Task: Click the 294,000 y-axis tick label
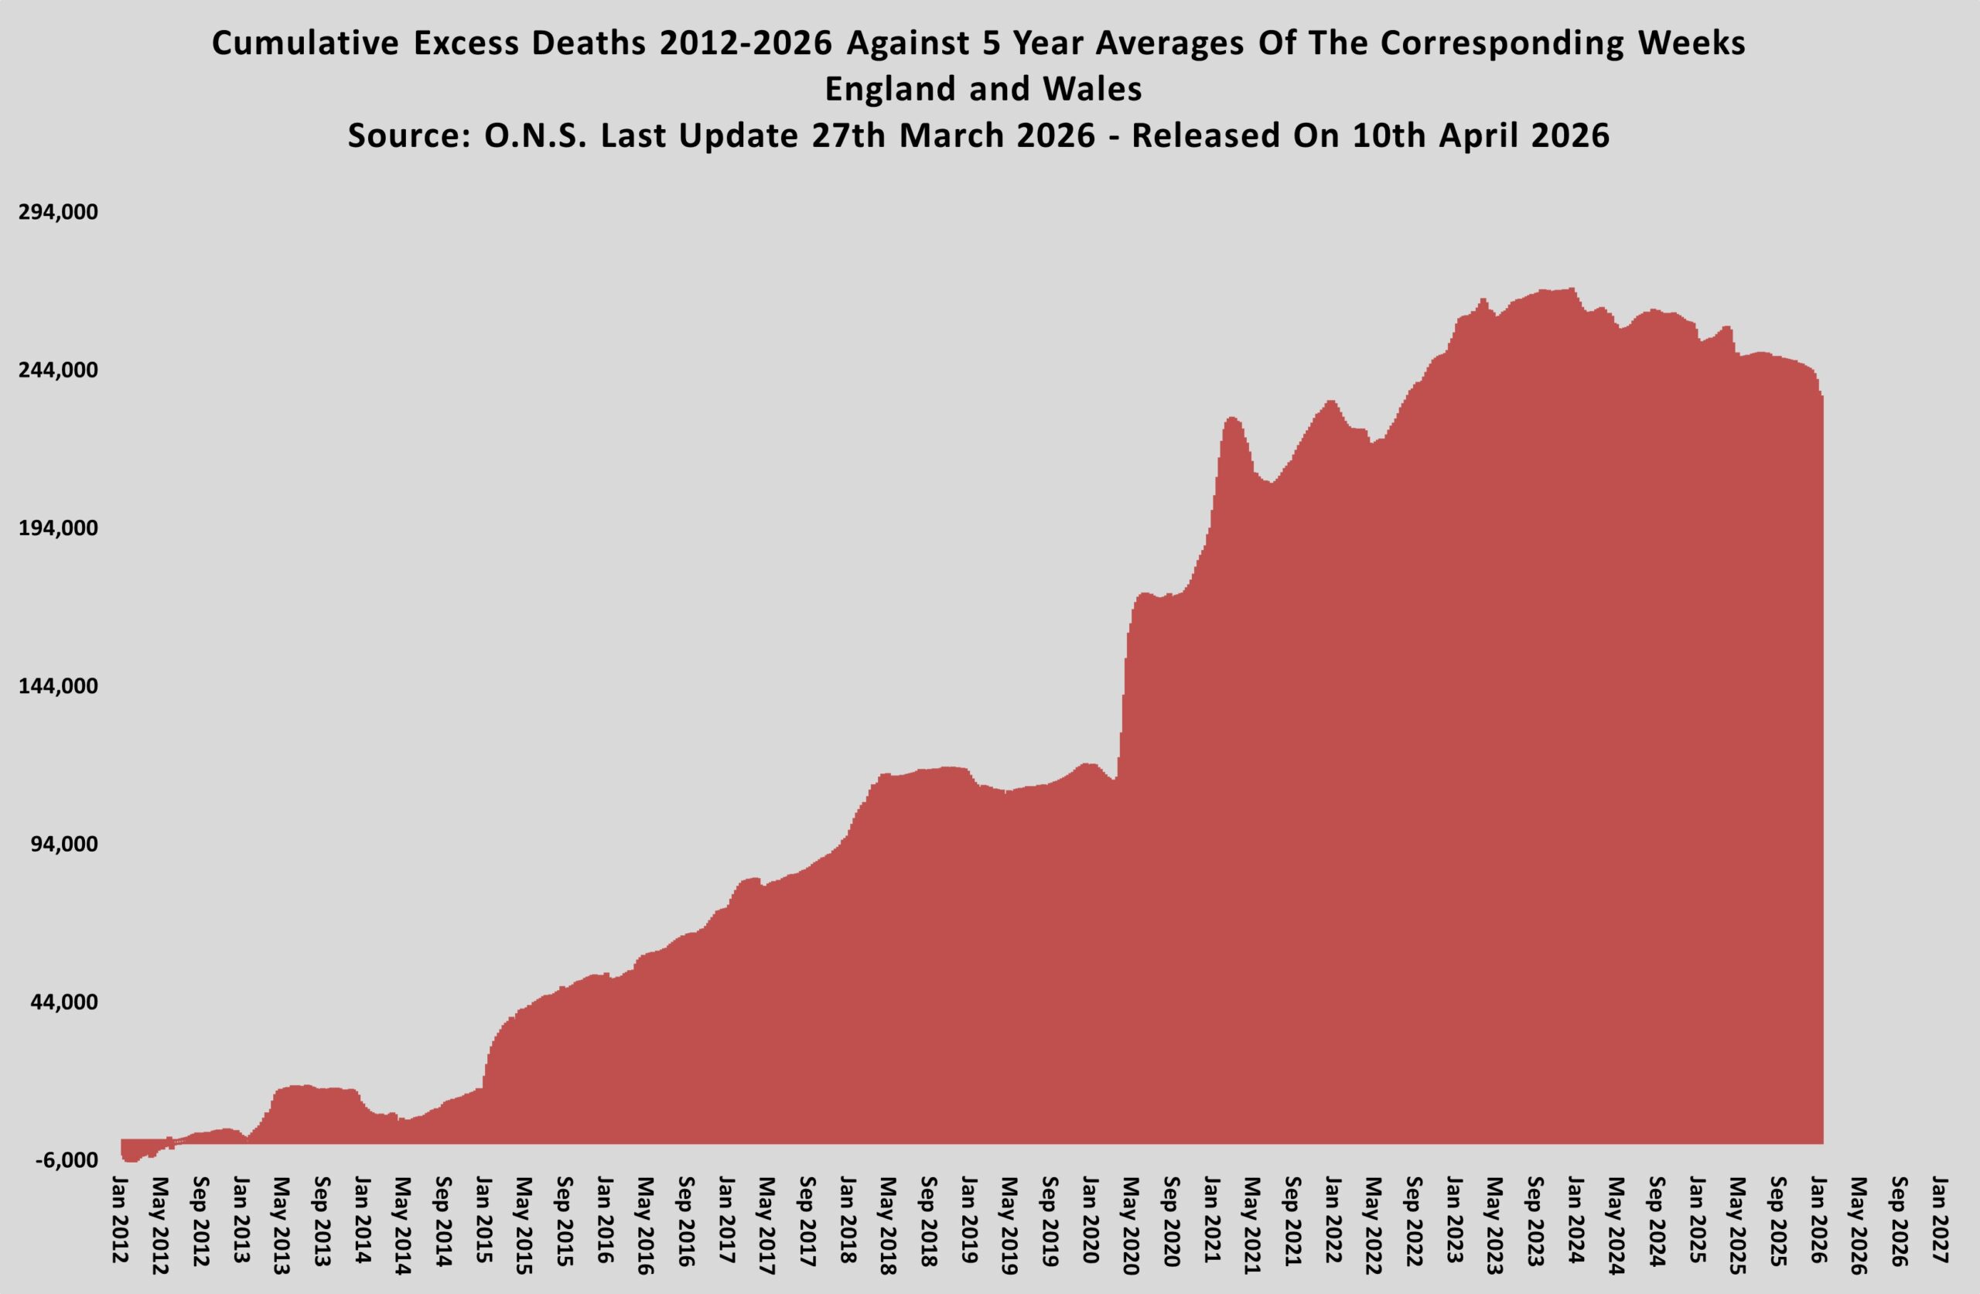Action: coord(58,212)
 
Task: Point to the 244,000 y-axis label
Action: coord(58,370)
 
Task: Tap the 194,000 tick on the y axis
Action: coord(58,528)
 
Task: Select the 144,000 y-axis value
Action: coord(58,687)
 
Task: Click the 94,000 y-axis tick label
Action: coord(63,844)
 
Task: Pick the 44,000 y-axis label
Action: coord(63,1002)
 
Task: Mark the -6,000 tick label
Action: coord(66,1160)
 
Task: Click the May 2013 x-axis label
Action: coord(282,1226)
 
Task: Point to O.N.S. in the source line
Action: coord(535,135)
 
